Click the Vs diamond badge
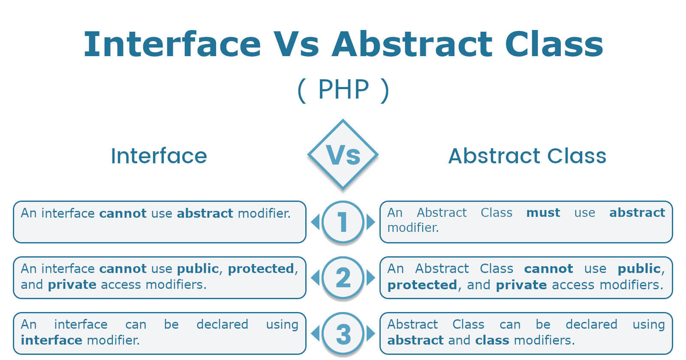(x=343, y=155)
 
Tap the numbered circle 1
(x=343, y=222)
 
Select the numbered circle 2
(x=343, y=278)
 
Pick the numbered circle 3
(x=343, y=334)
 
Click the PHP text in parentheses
(x=343, y=90)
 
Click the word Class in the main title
(x=554, y=44)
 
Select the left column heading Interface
(x=159, y=156)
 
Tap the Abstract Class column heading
(x=527, y=156)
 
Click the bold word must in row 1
(x=543, y=213)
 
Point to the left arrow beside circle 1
(x=316, y=222)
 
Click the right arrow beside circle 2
(x=370, y=278)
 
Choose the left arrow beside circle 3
(x=316, y=334)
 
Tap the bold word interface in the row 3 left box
(x=51, y=340)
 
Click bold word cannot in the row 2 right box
(x=548, y=269)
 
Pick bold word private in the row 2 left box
(x=72, y=285)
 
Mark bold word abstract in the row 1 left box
(x=205, y=213)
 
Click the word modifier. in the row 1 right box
(x=413, y=228)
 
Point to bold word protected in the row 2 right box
(x=422, y=285)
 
